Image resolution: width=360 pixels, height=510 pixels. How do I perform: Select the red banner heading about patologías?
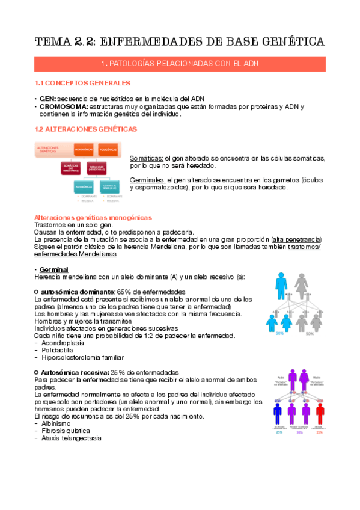pyautogui.click(x=180, y=63)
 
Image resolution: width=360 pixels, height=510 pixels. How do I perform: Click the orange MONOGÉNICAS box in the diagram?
pyautogui.click(x=83, y=148)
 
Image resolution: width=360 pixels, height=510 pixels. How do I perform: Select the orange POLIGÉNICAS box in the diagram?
pyautogui.click(x=107, y=148)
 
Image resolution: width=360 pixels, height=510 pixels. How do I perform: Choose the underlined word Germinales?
pyautogui.click(x=148, y=180)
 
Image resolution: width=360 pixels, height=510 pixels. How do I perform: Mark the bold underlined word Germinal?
pyautogui.click(x=53, y=269)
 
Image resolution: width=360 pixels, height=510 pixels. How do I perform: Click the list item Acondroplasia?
pyautogui.click(x=64, y=343)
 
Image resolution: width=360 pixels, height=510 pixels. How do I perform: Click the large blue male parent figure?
pyautogui.click(x=281, y=285)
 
